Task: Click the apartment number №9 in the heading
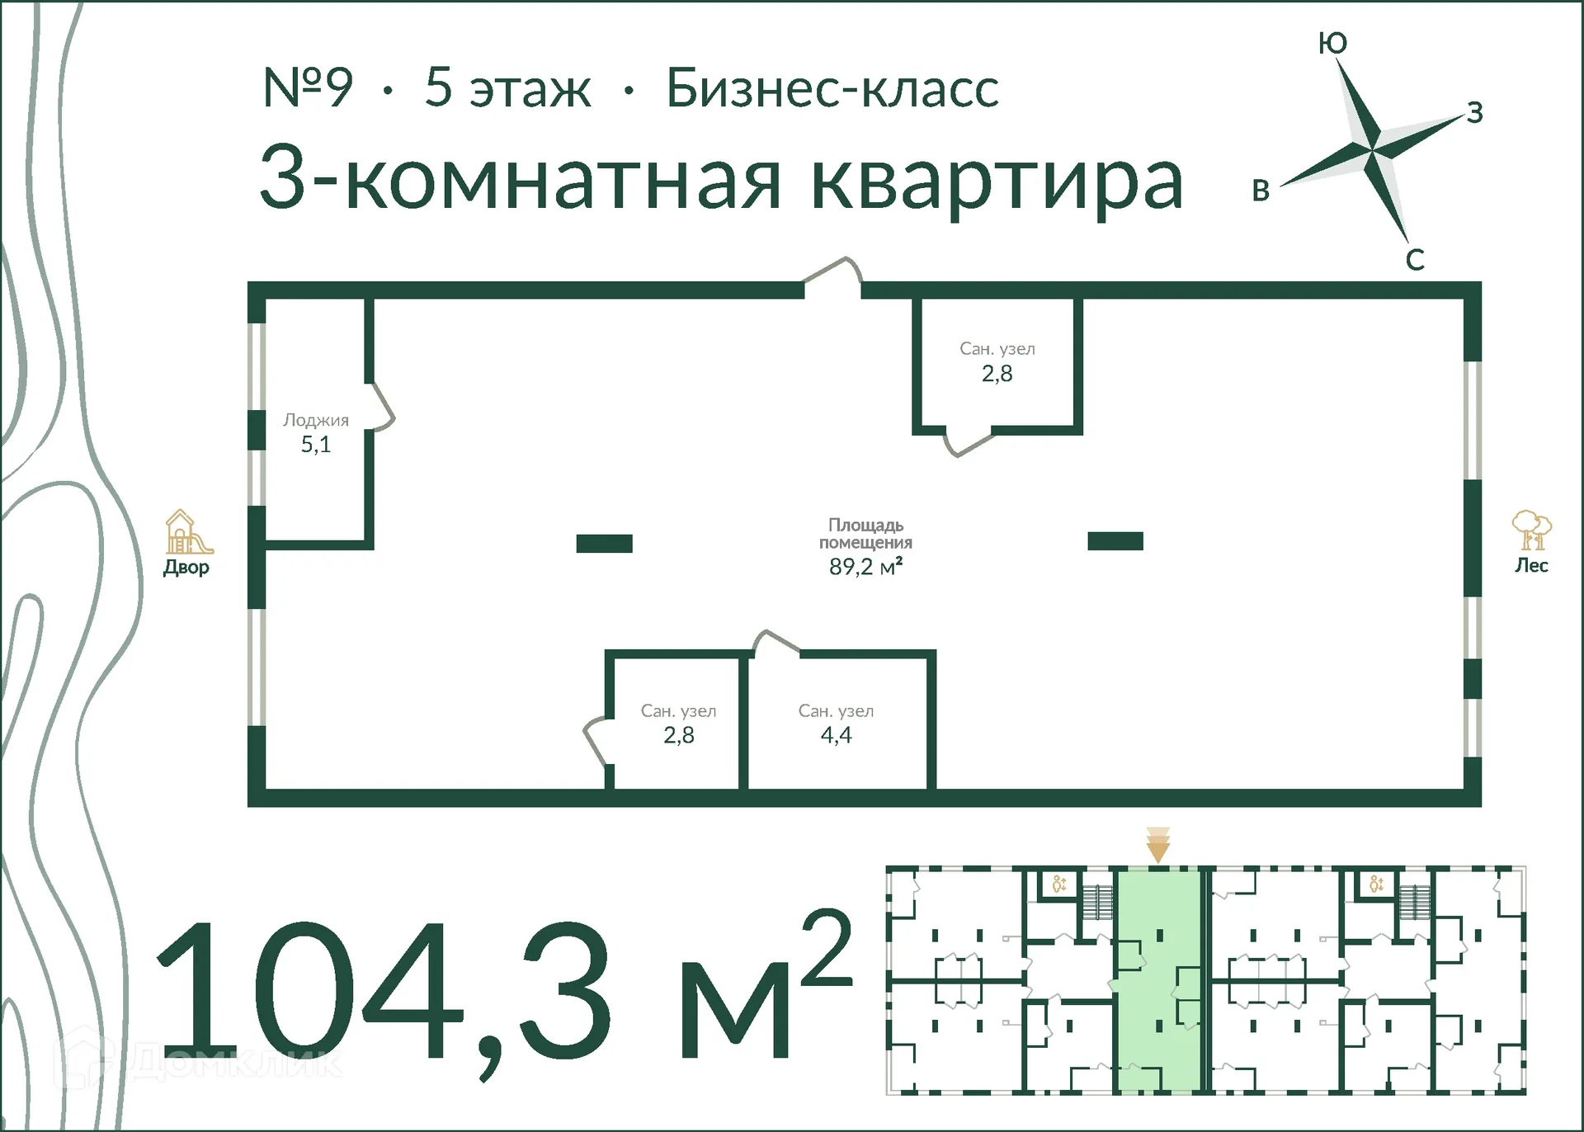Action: pyautogui.click(x=308, y=87)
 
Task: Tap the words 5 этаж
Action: pyautogui.click(x=507, y=87)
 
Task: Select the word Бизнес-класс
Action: pyautogui.click(x=832, y=87)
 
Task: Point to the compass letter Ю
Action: pyautogui.click(x=1332, y=43)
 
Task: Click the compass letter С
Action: pyautogui.click(x=1415, y=260)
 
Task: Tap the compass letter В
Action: pyautogui.click(x=1261, y=191)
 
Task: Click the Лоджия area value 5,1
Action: pyautogui.click(x=316, y=445)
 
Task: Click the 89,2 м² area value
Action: pyautogui.click(x=865, y=567)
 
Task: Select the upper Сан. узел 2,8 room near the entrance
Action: pyautogui.click(x=997, y=363)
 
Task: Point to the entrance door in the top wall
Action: pyautogui.click(x=833, y=275)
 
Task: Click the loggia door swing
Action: pyautogui.click(x=382, y=407)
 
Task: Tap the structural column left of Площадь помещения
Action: pyautogui.click(x=604, y=543)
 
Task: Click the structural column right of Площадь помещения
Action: pyautogui.click(x=1115, y=541)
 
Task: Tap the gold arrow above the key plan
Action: pyautogui.click(x=1158, y=846)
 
